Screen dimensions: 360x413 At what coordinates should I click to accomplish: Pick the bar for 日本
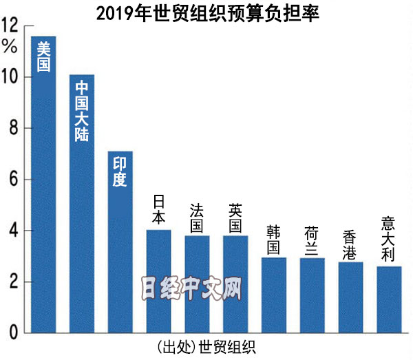coord(158,282)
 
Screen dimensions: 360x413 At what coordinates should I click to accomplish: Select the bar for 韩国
coord(274,296)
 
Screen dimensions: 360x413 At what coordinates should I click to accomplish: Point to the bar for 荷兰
coord(313,296)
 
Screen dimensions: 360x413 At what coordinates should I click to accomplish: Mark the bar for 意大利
coord(390,300)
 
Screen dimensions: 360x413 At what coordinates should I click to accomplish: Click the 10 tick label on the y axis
coord(10,77)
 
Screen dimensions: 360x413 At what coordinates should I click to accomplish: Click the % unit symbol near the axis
coord(9,47)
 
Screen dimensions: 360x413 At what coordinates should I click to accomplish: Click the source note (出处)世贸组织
coord(201,346)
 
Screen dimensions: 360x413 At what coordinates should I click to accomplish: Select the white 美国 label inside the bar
coord(43,56)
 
